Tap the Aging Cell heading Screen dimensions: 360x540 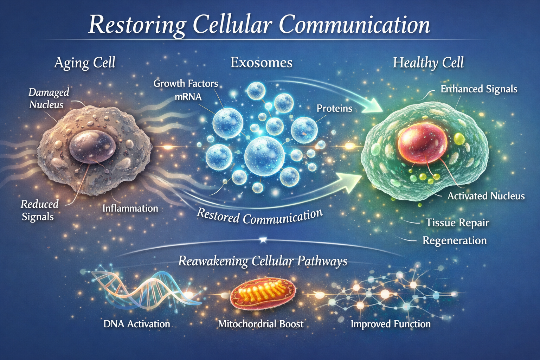(85, 63)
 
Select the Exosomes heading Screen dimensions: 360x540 (261, 63)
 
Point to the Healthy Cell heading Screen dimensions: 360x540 (428, 63)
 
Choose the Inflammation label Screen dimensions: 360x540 (130, 208)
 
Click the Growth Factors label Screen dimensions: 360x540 (186, 84)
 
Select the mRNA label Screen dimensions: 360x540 (188, 97)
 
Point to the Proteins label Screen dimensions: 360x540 (334, 108)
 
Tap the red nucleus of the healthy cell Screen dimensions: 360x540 (422, 142)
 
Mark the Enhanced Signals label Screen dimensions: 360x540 (479, 89)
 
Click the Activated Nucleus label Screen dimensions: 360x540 (486, 196)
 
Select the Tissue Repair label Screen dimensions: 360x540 (457, 223)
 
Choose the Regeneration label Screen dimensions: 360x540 (455, 240)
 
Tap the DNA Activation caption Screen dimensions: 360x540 (136, 324)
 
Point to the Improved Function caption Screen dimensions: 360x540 (391, 324)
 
